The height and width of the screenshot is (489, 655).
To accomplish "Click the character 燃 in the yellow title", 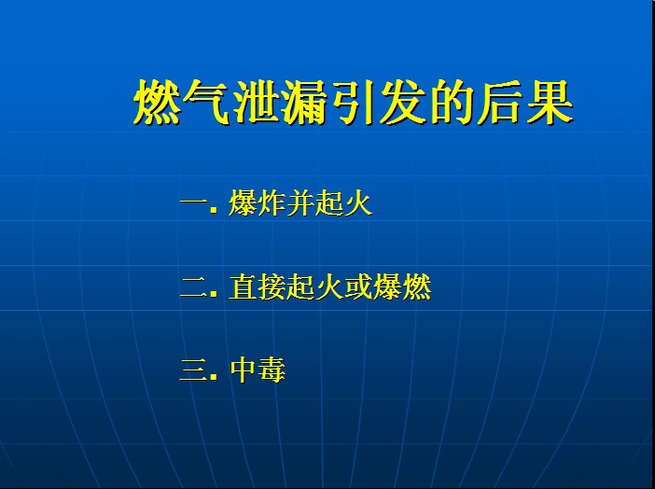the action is [157, 102].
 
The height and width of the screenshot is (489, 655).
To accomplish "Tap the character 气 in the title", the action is [206, 102].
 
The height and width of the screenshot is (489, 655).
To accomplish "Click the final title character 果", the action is [550, 102].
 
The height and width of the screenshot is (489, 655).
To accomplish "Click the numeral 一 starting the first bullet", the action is [194, 203].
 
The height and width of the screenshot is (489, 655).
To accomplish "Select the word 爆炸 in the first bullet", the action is [258, 203].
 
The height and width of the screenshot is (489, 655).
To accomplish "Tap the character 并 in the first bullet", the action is [300, 203].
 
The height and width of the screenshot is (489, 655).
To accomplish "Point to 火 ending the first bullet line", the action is [358, 203].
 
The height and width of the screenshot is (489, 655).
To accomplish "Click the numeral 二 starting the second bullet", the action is [194, 287].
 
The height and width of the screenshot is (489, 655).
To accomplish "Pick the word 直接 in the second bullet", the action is [258, 286].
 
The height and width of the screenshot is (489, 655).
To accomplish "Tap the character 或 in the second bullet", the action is [358, 286].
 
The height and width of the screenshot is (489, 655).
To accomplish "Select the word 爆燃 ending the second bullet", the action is [402, 286].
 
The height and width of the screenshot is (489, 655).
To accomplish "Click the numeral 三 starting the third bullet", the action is [194, 370].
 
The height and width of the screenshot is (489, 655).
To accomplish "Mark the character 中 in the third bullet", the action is [243, 370].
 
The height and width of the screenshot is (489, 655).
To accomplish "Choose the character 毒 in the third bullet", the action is [272, 370].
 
